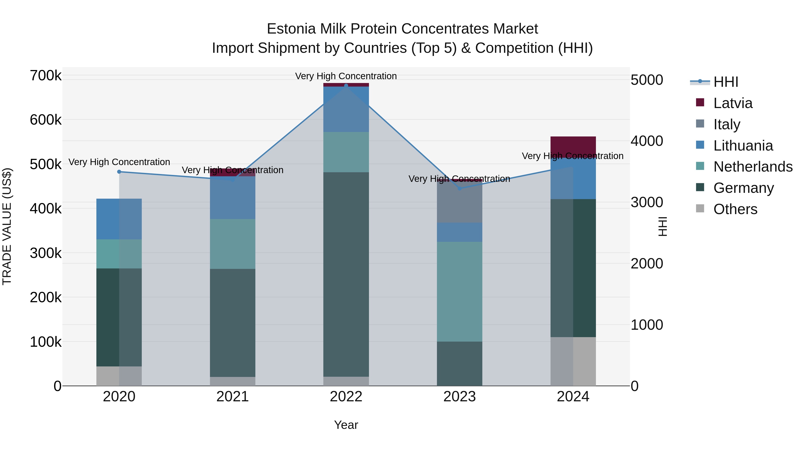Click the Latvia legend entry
coord(733,103)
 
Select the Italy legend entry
coord(727,124)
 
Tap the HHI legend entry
coord(726,82)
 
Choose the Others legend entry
coord(735,209)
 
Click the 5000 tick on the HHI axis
coord(646,80)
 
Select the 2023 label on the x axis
coord(459,397)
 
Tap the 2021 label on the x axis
coord(233,397)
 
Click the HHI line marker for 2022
coord(346,86)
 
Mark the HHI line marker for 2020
coord(119,172)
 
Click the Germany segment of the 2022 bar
coord(346,274)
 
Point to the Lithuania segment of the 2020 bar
coord(119,219)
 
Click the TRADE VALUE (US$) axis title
coord(7,226)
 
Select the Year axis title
coord(346,425)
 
